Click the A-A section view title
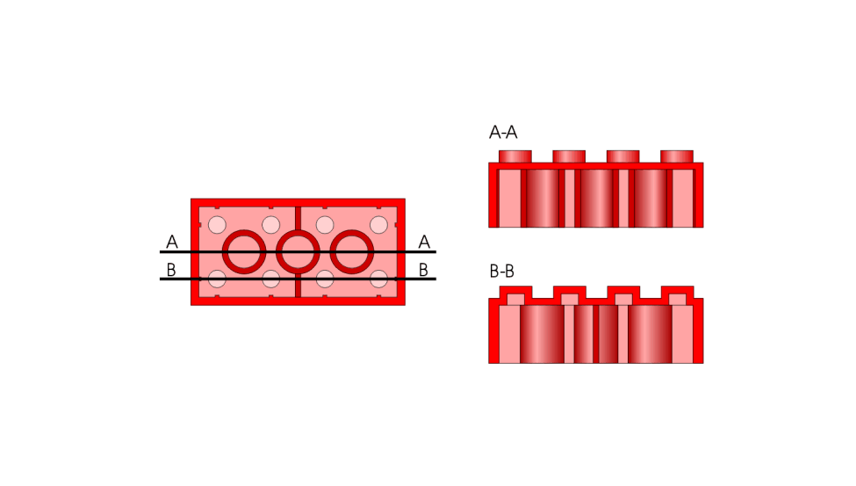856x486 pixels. coord(503,133)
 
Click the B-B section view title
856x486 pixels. coord(501,271)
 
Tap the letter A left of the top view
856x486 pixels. coord(172,242)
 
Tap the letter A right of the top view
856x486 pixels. coord(424,242)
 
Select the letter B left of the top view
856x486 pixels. coord(171,270)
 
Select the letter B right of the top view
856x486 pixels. coord(423,270)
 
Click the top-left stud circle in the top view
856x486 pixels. coord(217,225)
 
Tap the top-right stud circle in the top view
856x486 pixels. coord(379,225)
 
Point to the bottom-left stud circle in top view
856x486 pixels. coord(217,279)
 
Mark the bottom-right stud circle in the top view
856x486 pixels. coord(379,279)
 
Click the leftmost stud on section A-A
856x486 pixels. coord(515,156)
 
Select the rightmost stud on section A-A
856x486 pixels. coord(677,156)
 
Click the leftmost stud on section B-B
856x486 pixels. coord(515,294)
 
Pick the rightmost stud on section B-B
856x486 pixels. coord(677,294)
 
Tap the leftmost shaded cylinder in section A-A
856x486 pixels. coord(543,198)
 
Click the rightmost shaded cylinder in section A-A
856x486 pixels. coord(651,198)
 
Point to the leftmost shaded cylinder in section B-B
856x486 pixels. coord(543,334)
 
